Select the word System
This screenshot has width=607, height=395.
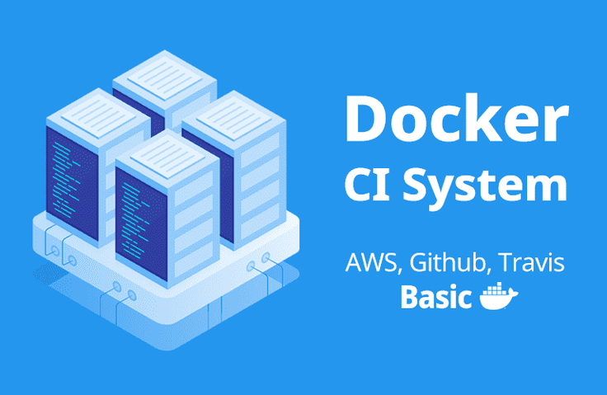click(x=485, y=186)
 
